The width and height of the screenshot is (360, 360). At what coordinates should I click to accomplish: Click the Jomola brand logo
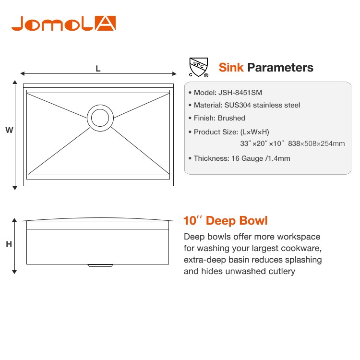pyautogui.click(x=63, y=24)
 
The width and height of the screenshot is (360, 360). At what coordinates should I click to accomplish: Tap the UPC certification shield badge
pyautogui.click(x=199, y=67)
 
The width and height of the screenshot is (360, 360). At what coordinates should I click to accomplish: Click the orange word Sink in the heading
pyautogui.click(x=231, y=68)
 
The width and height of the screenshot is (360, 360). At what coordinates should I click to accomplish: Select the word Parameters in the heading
pyautogui.click(x=280, y=68)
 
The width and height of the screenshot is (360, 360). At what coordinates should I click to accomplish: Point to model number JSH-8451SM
pyautogui.click(x=240, y=93)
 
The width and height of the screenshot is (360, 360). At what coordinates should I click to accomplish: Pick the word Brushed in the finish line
pyautogui.click(x=231, y=118)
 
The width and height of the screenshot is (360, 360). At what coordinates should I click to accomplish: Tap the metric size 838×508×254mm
pyautogui.click(x=316, y=144)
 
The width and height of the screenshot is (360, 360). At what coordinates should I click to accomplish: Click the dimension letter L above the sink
pyautogui.click(x=98, y=69)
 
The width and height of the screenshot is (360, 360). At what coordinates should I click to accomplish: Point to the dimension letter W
pyautogui.click(x=9, y=130)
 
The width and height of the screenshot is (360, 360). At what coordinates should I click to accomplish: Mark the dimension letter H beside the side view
pyautogui.click(x=9, y=244)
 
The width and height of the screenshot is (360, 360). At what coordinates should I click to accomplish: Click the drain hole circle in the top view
pyautogui.click(x=100, y=118)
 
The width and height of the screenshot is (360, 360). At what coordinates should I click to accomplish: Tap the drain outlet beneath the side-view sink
pyautogui.click(x=100, y=265)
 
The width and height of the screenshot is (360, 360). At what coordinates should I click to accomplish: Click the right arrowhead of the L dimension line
pyautogui.click(x=174, y=74)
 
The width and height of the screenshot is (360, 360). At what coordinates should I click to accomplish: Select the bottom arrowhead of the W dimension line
pyautogui.click(x=15, y=188)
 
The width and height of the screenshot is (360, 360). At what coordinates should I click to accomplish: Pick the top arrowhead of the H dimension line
pyautogui.click(x=14, y=220)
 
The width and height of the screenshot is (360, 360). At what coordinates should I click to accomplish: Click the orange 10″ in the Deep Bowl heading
pyautogui.click(x=192, y=221)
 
